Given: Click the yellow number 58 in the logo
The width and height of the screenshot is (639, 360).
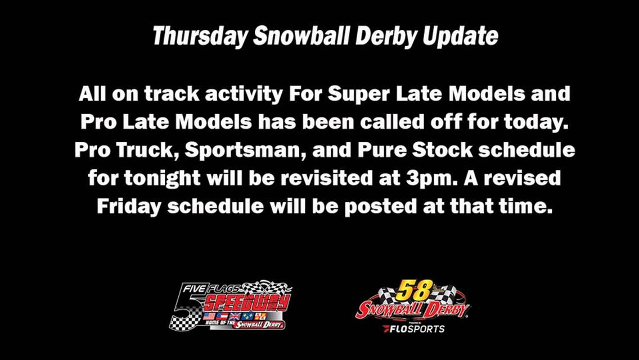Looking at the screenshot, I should (414, 290).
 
